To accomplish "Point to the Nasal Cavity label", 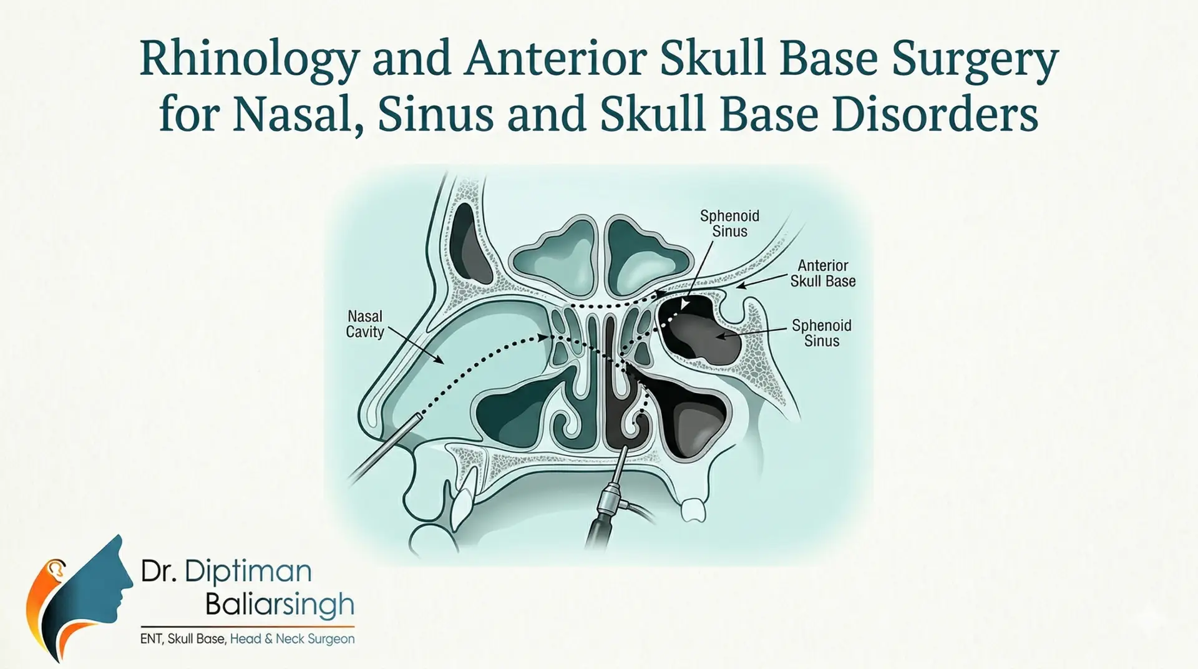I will pos(364,324).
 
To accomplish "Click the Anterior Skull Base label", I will pos(822,273).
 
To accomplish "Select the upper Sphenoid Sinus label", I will pos(729,223).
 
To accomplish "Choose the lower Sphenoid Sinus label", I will pos(821,333).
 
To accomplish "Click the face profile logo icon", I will pos(81,593).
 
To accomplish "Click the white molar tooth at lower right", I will pos(693,509).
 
